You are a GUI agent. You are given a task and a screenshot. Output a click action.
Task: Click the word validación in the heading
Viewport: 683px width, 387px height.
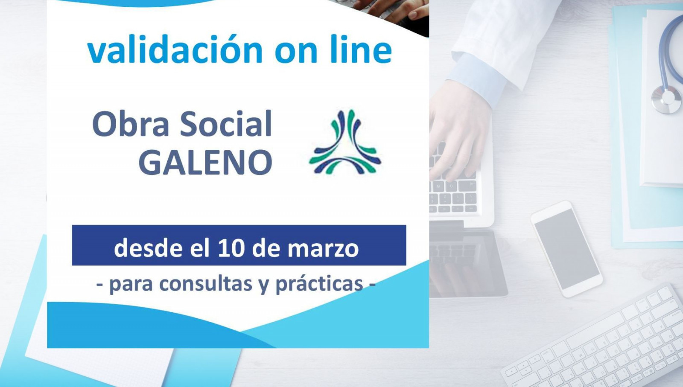point(175,49)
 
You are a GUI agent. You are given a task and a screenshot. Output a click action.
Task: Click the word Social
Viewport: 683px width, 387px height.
point(226,124)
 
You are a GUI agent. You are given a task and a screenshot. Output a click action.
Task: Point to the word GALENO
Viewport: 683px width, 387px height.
point(205,162)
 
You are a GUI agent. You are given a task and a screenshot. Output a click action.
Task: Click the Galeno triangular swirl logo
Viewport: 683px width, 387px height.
point(345,142)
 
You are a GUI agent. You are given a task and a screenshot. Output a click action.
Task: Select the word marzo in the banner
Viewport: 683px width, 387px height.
point(324,249)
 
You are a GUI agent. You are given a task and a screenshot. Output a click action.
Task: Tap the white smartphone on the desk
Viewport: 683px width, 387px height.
point(566,249)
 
